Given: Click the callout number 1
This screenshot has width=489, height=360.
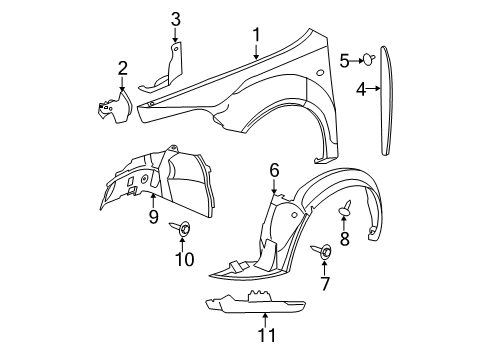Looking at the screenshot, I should point(256,36).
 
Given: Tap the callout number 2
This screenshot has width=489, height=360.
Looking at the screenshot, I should point(122,68).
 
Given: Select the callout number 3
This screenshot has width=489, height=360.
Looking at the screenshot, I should point(175,18).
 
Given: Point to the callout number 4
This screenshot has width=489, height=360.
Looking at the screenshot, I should point(361,89).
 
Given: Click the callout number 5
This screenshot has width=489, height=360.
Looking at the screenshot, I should point(345,61).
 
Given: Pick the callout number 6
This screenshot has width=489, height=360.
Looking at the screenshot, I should point(274,171).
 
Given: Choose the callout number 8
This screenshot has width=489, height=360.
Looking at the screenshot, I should point(344,239).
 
